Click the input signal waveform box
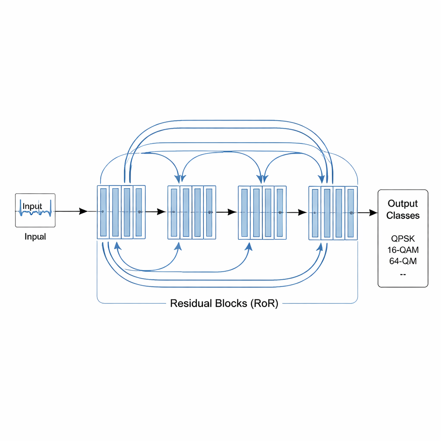[x=35, y=210]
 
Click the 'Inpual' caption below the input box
[x=35, y=236]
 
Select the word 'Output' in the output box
[x=403, y=203]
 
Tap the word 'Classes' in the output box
[x=403, y=215]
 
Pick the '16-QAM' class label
[x=403, y=250]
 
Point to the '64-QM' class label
[x=403, y=261]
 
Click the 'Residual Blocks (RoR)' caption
[x=224, y=303]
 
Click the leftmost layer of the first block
[x=103, y=212]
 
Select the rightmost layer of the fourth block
[x=351, y=213]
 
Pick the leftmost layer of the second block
[x=174, y=212]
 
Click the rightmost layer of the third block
[x=280, y=213]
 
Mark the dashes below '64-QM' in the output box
[x=403, y=274]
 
